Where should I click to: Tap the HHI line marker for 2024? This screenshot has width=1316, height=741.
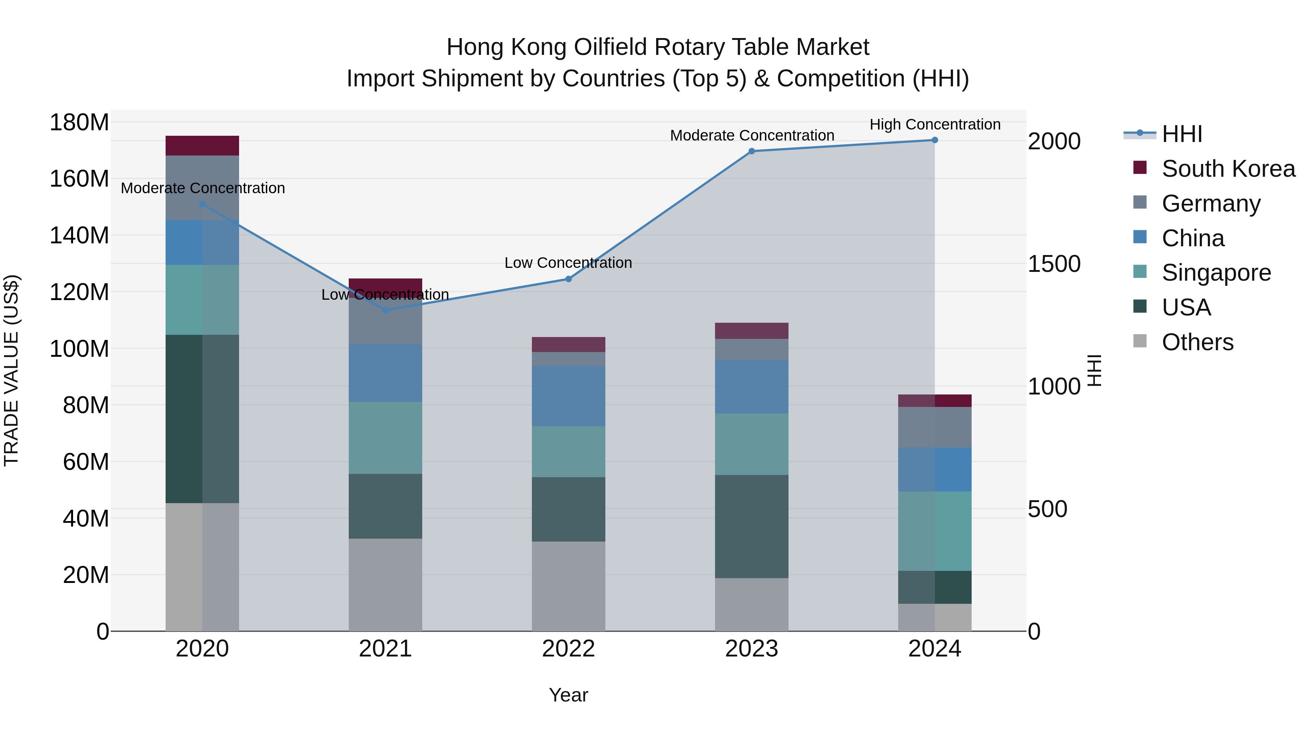click(x=934, y=140)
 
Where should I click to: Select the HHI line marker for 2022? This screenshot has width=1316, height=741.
click(x=568, y=279)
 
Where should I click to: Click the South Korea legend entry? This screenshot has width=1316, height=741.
click(x=1228, y=169)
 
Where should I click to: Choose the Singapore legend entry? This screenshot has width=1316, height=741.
click(x=1216, y=273)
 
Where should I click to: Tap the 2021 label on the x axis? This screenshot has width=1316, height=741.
click(x=385, y=649)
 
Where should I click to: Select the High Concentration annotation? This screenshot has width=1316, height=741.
click(x=934, y=124)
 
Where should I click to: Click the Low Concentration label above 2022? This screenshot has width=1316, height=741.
click(x=568, y=263)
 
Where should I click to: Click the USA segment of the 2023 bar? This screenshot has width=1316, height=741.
click(x=752, y=526)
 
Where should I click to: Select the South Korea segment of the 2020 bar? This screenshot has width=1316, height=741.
click(x=202, y=146)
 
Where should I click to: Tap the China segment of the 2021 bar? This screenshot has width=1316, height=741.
click(x=385, y=373)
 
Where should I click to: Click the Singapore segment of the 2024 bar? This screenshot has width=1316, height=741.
click(x=934, y=531)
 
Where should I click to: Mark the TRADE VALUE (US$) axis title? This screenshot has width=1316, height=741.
click(x=11, y=370)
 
